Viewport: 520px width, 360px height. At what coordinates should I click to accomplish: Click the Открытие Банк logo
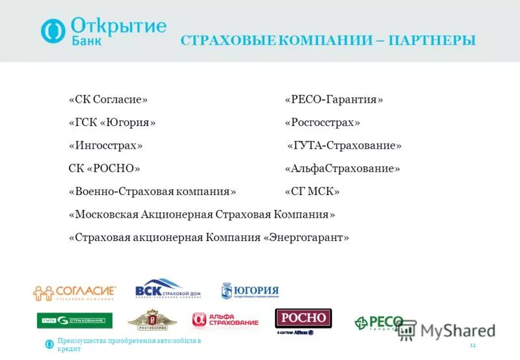[103, 31]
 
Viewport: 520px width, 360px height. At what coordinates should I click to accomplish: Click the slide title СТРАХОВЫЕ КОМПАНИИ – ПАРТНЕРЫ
[328, 40]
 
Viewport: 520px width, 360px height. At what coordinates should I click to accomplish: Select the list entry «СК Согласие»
[108, 99]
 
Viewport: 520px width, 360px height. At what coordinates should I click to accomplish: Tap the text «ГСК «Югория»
[112, 122]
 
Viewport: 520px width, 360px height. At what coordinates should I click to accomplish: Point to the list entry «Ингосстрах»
[105, 145]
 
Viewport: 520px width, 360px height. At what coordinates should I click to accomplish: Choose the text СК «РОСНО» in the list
[104, 168]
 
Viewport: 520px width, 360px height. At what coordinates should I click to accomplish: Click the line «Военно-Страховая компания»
[152, 192]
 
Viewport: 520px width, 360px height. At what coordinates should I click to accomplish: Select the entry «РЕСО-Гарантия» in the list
[333, 99]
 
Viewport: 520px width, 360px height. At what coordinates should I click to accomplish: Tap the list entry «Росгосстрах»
[322, 122]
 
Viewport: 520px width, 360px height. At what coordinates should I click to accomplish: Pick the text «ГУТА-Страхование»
[344, 146]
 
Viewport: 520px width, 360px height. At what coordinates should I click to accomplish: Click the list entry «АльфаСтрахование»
[342, 168]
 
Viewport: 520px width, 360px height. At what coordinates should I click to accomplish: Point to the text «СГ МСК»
[312, 192]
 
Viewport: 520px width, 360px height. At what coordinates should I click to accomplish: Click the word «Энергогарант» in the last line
[306, 238]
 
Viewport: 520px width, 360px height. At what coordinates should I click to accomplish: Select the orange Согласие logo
[75, 292]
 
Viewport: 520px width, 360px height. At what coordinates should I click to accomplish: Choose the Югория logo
[250, 291]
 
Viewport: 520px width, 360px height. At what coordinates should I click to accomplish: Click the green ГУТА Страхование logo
[74, 320]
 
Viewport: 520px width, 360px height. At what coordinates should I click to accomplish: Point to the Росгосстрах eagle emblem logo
[152, 320]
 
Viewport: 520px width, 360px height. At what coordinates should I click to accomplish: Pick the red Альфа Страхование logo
[225, 320]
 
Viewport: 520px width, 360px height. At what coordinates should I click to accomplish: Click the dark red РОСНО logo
[303, 318]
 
